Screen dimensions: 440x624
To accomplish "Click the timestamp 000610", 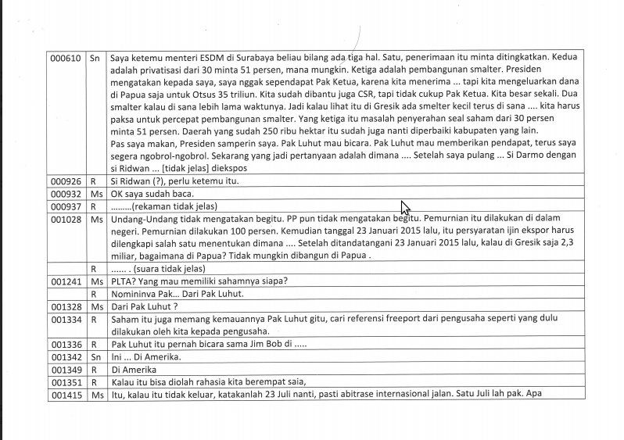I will (x=65, y=58).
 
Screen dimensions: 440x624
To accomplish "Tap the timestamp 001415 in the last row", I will (x=65, y=394).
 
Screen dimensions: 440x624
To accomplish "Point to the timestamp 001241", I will (x=65, y=281).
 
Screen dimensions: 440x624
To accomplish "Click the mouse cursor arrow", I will (x=404, y=207).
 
